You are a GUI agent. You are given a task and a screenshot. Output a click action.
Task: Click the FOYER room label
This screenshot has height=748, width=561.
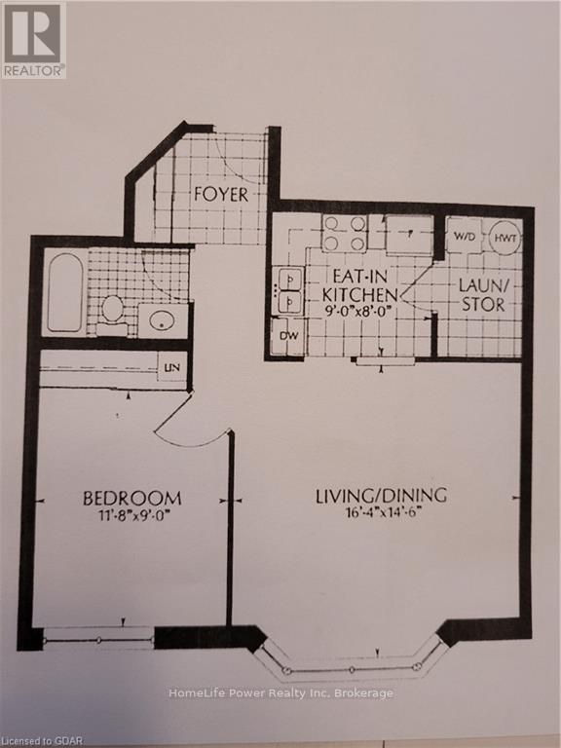220,194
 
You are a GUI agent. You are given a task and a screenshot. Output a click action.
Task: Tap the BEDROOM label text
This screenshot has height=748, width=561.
131,498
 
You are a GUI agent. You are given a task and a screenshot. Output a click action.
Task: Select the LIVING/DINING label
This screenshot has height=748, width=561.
381,496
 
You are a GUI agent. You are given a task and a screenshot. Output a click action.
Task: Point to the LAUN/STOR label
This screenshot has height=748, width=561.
483,295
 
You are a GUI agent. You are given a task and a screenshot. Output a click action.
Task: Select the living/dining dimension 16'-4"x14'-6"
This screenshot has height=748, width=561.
381,514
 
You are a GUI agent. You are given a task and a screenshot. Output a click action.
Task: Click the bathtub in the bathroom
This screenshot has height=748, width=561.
63,293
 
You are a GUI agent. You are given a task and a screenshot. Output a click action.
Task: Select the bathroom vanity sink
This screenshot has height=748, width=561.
161,318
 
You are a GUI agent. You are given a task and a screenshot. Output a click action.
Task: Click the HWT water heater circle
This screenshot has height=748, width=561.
505,237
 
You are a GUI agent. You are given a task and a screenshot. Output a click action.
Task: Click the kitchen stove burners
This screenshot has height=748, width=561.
345,234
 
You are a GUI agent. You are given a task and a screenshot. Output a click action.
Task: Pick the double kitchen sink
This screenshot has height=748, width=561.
289,291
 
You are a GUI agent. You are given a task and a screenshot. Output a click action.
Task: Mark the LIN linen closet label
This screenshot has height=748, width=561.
171,366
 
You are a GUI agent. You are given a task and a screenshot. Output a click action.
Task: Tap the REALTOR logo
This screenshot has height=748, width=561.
33,40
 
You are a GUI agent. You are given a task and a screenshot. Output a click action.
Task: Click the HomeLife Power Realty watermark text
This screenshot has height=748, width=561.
280,693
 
